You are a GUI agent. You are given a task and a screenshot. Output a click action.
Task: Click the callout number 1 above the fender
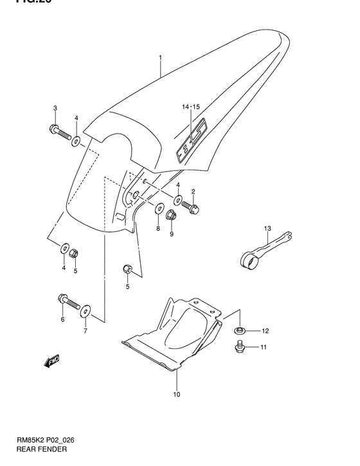click(x=161, y=58)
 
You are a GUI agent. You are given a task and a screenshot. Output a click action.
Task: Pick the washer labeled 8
click(x=159, y=209)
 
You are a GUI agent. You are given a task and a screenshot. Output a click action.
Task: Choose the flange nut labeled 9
click(x=172, y=215)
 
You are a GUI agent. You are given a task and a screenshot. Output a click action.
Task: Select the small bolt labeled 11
click(x=239, y=347)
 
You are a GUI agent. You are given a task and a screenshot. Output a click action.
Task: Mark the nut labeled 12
click(x=239, y=331)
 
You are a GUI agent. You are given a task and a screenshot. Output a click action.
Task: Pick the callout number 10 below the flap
click(x=176, y=394)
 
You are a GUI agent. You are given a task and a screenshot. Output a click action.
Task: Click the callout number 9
click(x=172, y=234)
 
